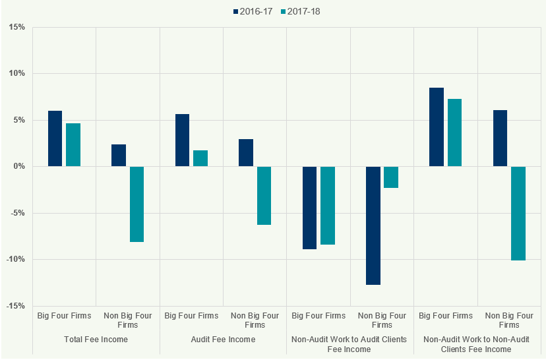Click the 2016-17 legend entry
[254, 11]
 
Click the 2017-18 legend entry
[300, 11]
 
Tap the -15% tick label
[16, 306]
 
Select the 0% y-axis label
[18, 167]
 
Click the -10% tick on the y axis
[16, 260]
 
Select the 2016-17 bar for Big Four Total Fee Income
[55, 138]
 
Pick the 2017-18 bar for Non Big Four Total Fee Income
[136, 204]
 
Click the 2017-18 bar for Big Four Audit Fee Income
[200, 158]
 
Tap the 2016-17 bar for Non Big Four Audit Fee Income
[246, 153]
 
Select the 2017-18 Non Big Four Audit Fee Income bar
[264, 196]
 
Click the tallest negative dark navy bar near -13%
[373, 225]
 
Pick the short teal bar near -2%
[391, 177]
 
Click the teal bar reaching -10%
[518, 214]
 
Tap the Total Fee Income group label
[96, 340]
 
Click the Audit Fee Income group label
[223, 340]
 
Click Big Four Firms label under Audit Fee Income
[191, 316]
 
